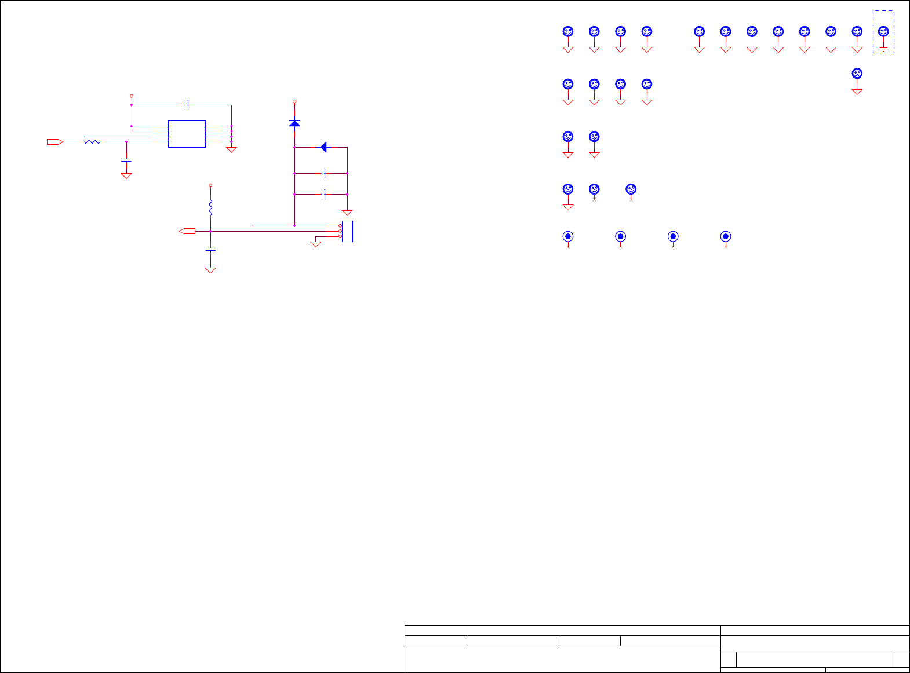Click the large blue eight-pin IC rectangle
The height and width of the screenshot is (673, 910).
(x=187, y=134)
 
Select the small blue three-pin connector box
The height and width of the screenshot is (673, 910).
(x=347, y=231)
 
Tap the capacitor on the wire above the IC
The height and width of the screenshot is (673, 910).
(x=187, y=105)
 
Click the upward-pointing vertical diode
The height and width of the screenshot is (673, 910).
(x=294, y=123)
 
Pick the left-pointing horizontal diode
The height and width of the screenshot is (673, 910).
(x=323, y=147)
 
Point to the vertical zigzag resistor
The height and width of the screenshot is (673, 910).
(x=210, y=206)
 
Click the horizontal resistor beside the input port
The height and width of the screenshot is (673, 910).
(x=92, y=141)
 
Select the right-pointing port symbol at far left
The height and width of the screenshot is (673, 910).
(x=55, y=141)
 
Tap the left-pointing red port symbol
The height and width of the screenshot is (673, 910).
(x=187, y=231)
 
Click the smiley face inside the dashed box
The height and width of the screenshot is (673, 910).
(x=883, y=31)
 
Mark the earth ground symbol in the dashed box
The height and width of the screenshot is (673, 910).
(x=883, y=49)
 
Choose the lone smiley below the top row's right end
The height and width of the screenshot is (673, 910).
(x=857, y=74)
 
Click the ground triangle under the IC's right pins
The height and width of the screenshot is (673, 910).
(x=231, y=149)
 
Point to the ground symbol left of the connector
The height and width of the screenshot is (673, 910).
(x=316, y=244)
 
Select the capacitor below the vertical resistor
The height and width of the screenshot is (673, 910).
(x=210, y=249)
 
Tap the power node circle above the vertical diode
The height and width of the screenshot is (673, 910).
(x=294, y=101)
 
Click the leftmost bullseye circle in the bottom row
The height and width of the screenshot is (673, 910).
(x=568, y=236)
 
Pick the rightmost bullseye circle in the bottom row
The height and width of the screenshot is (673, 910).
(x=725, y=236)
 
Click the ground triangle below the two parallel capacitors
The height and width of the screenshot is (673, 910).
(x=347, y=213)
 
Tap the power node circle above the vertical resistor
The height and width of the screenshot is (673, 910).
(x=210, y=185)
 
